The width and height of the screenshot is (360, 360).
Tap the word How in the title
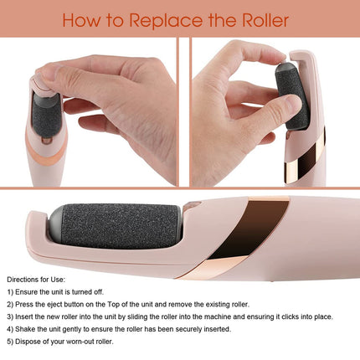[x=80, y=20]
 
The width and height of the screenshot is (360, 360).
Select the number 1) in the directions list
[x=11, y=290]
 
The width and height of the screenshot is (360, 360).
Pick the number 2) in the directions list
[x=11, y=303]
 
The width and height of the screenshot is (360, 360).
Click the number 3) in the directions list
[x=11, y=316]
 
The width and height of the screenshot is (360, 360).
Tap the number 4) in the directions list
[x=11, y=330]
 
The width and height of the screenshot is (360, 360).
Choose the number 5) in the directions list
[x=11, y=343]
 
